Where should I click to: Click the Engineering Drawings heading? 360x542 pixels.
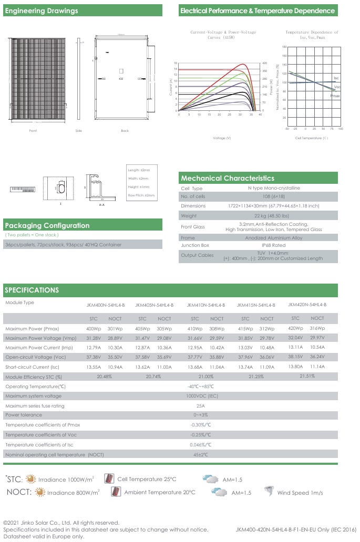42,11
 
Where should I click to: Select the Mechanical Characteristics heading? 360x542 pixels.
228,179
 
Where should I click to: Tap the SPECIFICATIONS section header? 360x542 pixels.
32,290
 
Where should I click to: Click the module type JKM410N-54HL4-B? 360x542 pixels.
206,305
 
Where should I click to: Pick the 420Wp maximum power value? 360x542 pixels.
295,328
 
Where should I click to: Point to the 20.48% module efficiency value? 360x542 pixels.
105,377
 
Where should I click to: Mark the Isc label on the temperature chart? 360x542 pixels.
336,78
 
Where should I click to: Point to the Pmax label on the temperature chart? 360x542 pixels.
335,96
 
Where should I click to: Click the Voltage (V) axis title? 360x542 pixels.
222,138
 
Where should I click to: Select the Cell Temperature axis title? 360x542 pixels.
311,138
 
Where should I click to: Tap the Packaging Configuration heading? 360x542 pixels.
47,226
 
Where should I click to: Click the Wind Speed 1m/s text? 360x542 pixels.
300,493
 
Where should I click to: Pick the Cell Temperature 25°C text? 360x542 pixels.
147,479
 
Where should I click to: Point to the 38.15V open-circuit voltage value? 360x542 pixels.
295,357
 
